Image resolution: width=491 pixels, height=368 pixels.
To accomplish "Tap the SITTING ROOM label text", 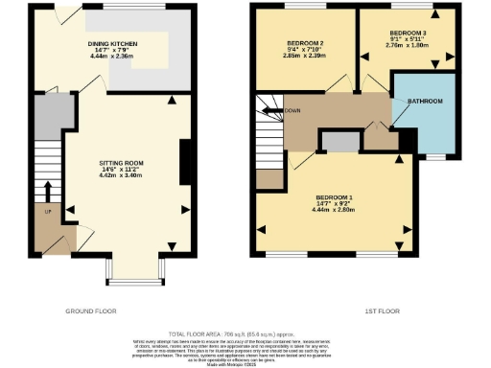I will (122, 164).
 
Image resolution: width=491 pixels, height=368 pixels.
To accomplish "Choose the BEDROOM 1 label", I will (336, 197).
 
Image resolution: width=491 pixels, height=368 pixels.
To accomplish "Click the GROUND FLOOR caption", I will (92, 312).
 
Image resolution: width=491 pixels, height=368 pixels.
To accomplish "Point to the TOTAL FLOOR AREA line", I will (245, 329).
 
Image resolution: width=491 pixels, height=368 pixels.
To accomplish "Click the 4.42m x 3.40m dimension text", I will (122, 176).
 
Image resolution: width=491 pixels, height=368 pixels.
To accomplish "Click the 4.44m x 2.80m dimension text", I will (336, 209).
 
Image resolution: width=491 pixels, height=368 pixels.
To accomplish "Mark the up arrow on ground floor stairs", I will (46, 186).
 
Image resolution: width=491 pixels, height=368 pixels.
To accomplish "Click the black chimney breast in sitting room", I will (183, 162).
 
